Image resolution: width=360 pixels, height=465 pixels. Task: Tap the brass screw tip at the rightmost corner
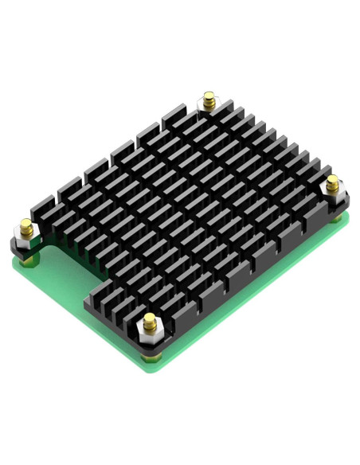[x=333, y=180]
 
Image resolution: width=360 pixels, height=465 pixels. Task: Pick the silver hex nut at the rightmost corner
[x=332, y=189]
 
